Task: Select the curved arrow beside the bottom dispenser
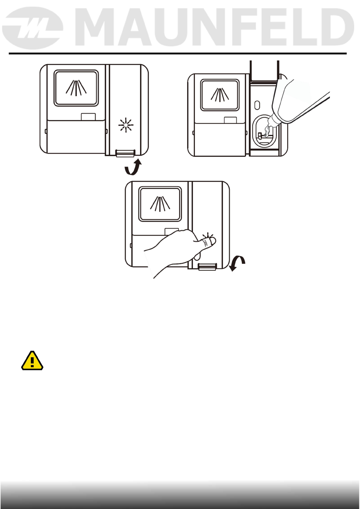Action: [x=237, y=263]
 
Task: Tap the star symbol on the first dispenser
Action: [x=125, y=125]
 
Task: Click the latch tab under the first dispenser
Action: [x=125, y=153]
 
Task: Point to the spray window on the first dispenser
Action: [x=76, y=88]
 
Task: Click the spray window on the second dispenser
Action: [x=220, y=95]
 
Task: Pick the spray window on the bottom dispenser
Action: [x=160, y=204]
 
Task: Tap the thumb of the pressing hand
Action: [x=208, y=242]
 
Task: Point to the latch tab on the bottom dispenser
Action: [x=207, y=267]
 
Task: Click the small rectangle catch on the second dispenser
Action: [x=230, y=120]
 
